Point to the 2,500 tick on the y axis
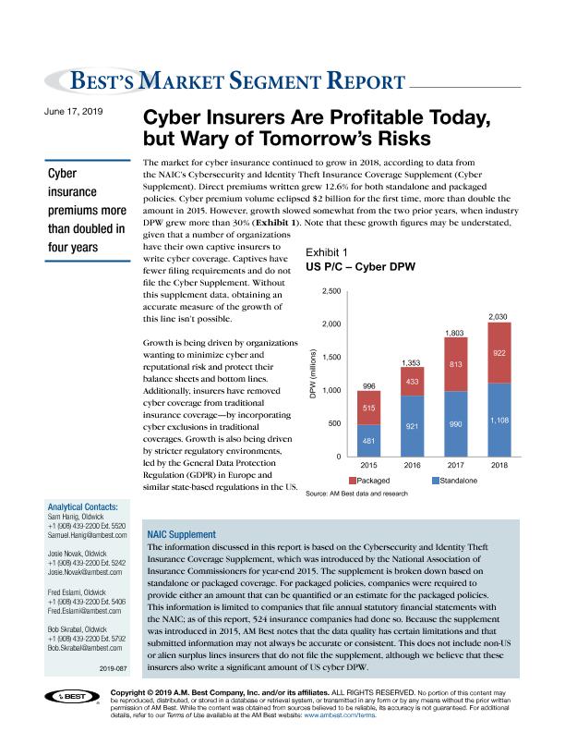coord(332,291)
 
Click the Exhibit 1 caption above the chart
coord(326,251)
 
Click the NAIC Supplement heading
coord(181,534)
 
